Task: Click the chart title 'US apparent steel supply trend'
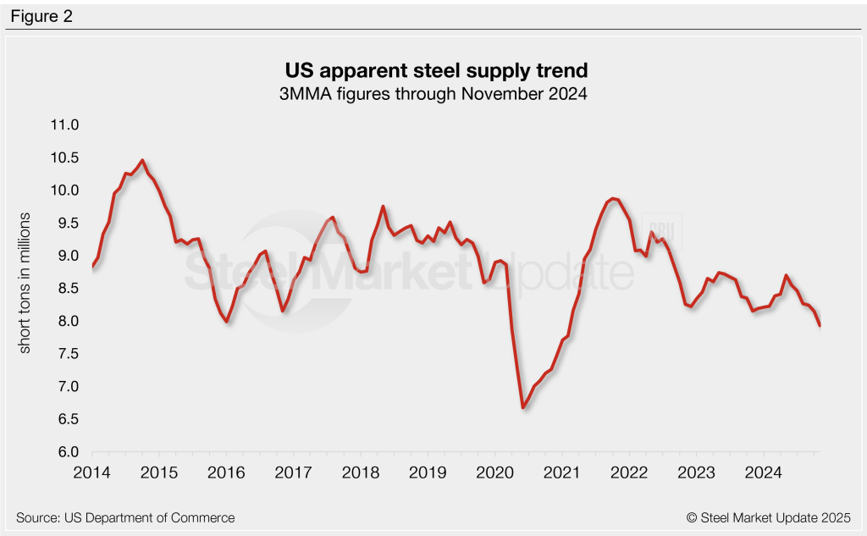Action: pyautogui.click(x=433, y=69)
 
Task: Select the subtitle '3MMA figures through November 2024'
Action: pyautogui.click(x=433, y=94)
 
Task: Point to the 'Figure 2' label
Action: pyautogui.click(x=42, y=16)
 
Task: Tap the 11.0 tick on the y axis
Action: pyautogui.click(x=64, y=125)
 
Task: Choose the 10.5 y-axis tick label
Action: pyautogui.click(x=64, y=157)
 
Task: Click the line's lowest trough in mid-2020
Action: pyautogui.click(x=523, y=408)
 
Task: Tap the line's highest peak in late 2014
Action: pyautogui.click(x=141, y=160)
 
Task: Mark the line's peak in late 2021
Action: pyautogui.click(x=613, y=198)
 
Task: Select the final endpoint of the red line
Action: pyautogui.click(x=820, y=325)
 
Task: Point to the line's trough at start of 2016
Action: pyautogui.click(x=227, y=321)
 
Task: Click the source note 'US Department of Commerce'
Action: pyautogui.click(x=125, y=517)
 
